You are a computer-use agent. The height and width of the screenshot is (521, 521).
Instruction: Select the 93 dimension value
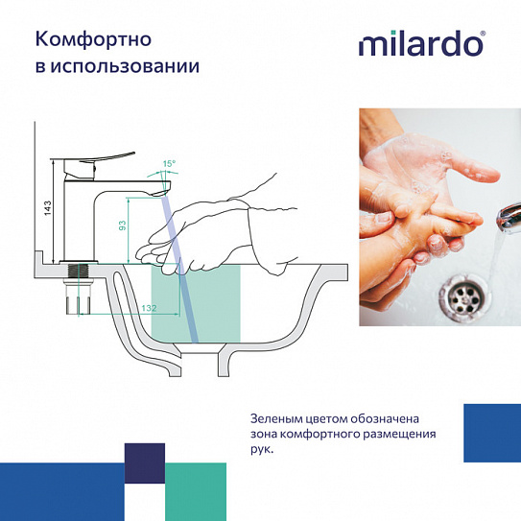tap(122, 225)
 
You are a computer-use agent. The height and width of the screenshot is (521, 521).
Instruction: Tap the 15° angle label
tap(169, 164)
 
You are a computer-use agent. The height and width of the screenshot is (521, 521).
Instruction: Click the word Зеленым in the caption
tap(277, 418)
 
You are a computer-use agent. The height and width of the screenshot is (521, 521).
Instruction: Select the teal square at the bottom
tap(196, 490)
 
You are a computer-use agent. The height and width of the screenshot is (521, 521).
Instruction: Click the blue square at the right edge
tap(491, 434)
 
